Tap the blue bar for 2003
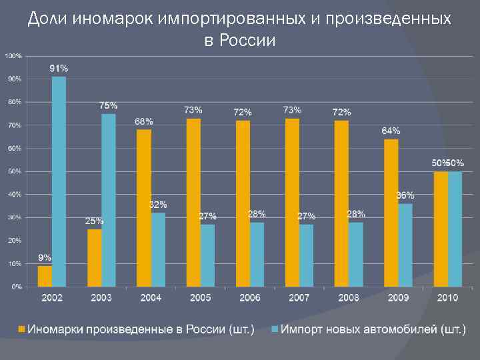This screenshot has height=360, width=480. coord(108,200)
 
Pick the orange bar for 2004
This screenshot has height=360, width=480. coord(144,208)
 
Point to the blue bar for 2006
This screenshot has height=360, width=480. coord(257,254)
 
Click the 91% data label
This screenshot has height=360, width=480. coord(59,68)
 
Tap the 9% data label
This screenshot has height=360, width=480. coord(45,257)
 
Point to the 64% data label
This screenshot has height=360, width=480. coord(391,131)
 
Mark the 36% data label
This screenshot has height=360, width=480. coord(405,195)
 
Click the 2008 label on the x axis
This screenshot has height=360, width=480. coord(349,298)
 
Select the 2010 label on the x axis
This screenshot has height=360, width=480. coord(447,298)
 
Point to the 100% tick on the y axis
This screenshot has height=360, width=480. coord(13,55)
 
